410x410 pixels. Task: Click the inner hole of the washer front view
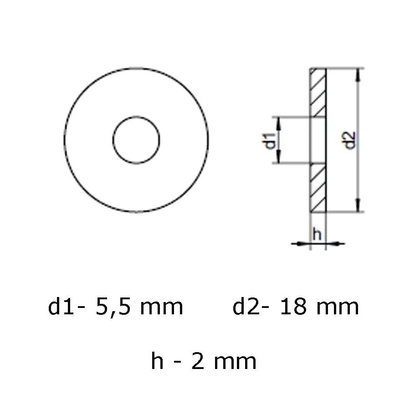(x=137, y=140)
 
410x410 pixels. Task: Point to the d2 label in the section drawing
(x=349, y=140)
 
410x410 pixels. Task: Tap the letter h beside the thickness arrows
(x=318, y=235)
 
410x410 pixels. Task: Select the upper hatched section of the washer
(x=318, y=92)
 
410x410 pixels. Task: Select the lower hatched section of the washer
(x=318, y=188)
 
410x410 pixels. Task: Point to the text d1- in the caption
(x=67, y=307)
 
